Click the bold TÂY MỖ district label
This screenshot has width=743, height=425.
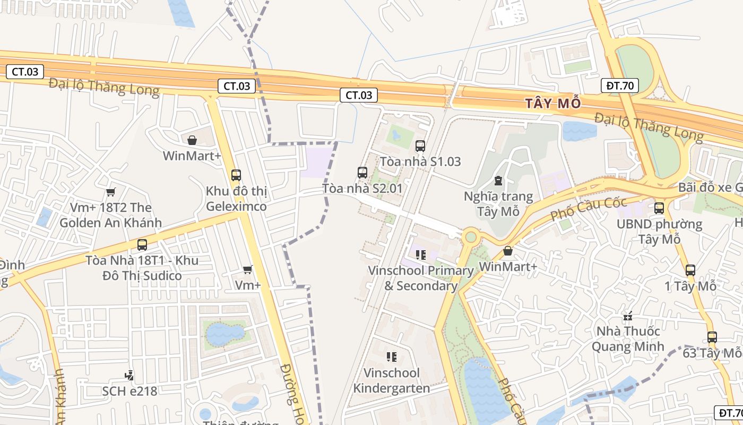pos(554,103)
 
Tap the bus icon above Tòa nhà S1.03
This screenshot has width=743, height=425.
pos(420,146)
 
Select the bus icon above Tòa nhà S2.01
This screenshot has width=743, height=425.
pos(362,173)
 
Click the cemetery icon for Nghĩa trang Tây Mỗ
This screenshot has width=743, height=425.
pos(498,181)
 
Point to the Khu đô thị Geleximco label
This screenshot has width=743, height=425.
pos(236,199)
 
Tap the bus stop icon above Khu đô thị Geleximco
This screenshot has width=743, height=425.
pos(236,175)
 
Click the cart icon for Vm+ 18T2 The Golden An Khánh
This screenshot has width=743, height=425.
pos(110,192)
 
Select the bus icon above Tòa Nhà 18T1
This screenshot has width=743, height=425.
pos(142,245)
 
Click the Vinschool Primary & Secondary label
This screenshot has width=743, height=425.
pos(421,278)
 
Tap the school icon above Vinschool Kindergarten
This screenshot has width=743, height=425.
pos(392,357)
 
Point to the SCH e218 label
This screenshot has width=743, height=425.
pos(130,391)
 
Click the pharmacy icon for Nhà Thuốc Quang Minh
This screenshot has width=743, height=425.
pos(628,317)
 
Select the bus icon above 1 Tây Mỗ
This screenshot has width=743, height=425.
pos(690,270)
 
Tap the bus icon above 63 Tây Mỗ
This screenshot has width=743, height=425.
pos(712,337)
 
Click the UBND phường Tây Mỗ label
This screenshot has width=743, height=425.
pos(659,232)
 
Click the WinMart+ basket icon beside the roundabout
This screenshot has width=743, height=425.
pos(508,251)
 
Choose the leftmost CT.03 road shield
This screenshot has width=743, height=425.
pos(25,72)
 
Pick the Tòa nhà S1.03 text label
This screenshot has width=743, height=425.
pos(420,161)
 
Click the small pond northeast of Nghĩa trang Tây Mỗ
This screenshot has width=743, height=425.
pos(580,131)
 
